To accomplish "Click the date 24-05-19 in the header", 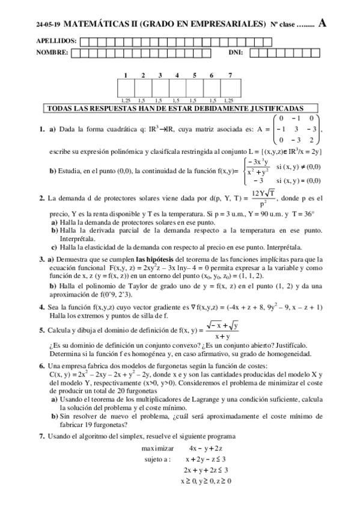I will [x=48, y=25].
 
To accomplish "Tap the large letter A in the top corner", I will [x=323, y=23].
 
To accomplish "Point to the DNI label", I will [x=236, y=53].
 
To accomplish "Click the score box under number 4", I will [x=177, y=88].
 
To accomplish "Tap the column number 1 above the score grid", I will [x=126, y=75].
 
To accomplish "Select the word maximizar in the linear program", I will [x=158, y=448].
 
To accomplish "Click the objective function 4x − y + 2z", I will [x=206, y=448].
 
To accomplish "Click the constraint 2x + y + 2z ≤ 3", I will [x=206, y=470].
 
